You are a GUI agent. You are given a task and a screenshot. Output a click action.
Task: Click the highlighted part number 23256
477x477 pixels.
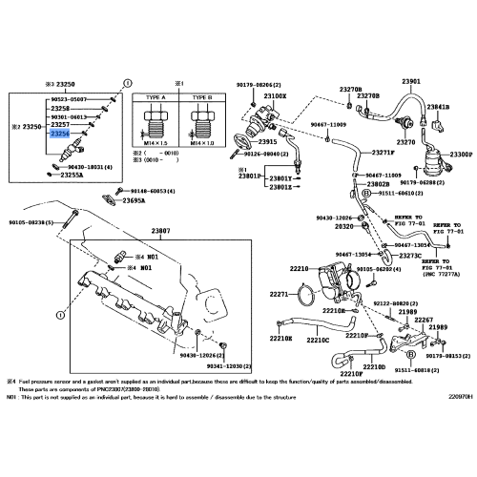(x=59, y=135)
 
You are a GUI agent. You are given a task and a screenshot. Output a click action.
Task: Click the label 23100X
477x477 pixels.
(x=275, y=97)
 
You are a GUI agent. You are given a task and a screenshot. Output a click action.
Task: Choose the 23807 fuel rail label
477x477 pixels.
(x=160, y=232)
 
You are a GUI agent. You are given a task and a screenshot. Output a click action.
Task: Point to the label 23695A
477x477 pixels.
(x=134, y=201)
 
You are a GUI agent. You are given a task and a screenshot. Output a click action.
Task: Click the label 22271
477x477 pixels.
(x=277, y=295)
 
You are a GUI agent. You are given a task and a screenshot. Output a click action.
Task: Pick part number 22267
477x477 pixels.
(x=424, y=321)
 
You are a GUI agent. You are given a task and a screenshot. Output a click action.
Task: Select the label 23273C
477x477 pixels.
(x=410, y=256)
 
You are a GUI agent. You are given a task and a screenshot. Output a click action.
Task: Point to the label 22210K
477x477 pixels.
(x=280, y=339)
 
